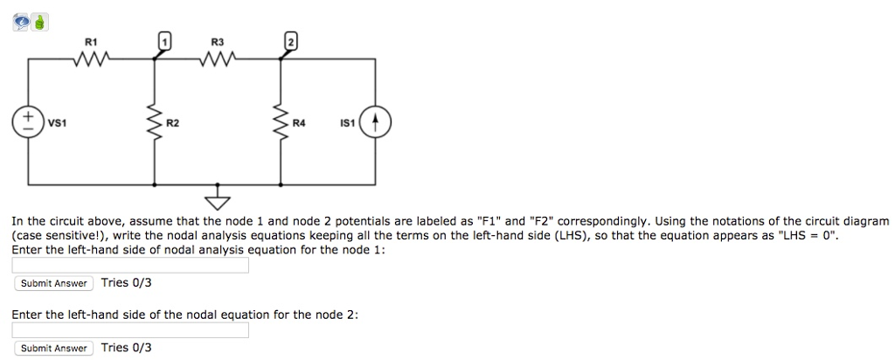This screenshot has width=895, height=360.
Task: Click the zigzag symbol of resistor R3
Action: click(x=216, y=59)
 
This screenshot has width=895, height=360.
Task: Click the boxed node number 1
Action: click(x=162, y=40)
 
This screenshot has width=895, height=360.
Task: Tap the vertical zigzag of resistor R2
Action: click(x=155, y=122)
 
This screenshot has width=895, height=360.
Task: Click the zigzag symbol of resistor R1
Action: click(x=91, y=59)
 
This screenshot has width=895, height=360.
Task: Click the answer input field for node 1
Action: click(x=130, y=266)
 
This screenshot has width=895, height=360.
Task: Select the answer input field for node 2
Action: click(x=130, y=330)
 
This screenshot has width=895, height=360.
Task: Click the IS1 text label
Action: click(x=347, y=123)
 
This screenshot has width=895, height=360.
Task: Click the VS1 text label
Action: click(x=56, y=123)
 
